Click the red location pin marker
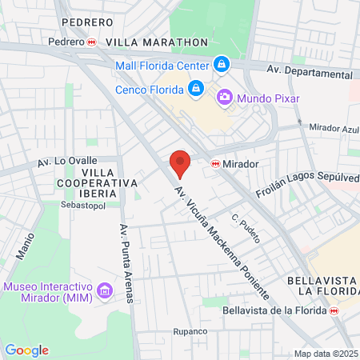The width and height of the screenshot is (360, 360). click(x=180, y=164)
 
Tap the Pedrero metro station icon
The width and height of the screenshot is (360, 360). click(x=93, y=42)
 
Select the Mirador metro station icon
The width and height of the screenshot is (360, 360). click(x=214, y=163)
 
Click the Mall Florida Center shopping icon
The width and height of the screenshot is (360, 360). click(x=221, y=65)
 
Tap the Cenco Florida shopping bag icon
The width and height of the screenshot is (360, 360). click(x=195, y=88)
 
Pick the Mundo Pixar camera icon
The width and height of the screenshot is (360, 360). click(x=225, y=98)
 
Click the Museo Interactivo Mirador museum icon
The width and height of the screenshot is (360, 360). click(x=103, y=289)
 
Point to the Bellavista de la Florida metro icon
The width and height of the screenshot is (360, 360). click(x=334, y=310)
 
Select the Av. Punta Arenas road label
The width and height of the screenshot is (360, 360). click(x=126, y=263)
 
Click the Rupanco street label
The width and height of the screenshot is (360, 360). click(x=190, y=331)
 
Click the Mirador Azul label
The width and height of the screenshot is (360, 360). click(x=334, y=127)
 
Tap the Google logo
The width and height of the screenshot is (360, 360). click(x=26, y=350)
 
